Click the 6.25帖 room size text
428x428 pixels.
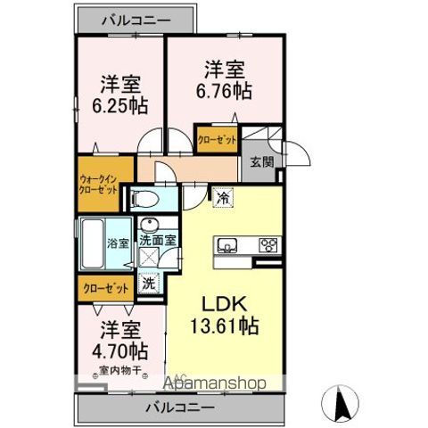click(x=120, y=104)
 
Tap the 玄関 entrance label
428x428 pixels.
click(x=260, y=161)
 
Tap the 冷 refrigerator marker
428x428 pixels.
click(x=220, y=200)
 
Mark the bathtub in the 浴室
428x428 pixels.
click(x=94, y=243)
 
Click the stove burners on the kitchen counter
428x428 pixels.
click(x=267, y=244)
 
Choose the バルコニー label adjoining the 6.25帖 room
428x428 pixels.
click(x=136, y=18)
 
